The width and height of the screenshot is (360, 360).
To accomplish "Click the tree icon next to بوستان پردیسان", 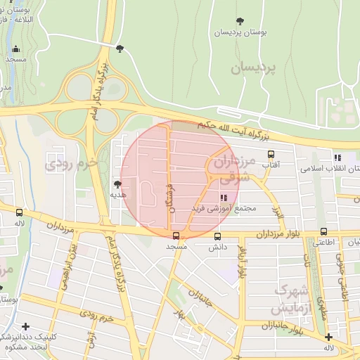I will (x=241, y=20).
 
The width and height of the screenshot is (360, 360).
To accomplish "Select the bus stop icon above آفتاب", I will (x=270, y=154).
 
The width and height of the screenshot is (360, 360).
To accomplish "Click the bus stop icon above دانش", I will (x=217, y=237).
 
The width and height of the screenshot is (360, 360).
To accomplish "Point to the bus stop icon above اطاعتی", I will (x=323, y=231).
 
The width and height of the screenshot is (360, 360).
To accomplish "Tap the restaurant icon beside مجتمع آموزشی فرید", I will (x=224, y=198).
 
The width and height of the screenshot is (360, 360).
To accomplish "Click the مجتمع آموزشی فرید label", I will (x=225, y=209).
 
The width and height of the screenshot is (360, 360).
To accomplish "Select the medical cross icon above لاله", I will (x=328, y=337).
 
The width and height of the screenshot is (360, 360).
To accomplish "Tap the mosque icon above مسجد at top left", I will (x=15, y=49).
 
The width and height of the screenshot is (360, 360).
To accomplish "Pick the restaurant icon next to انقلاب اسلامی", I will (x=337, y=158).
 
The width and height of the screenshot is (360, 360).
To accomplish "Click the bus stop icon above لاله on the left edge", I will (x=19, y=212).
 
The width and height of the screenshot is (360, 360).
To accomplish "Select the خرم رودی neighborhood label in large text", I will (x=70, y=166).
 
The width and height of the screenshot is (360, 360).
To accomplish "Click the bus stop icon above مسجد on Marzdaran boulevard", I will (x=176, y=236).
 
